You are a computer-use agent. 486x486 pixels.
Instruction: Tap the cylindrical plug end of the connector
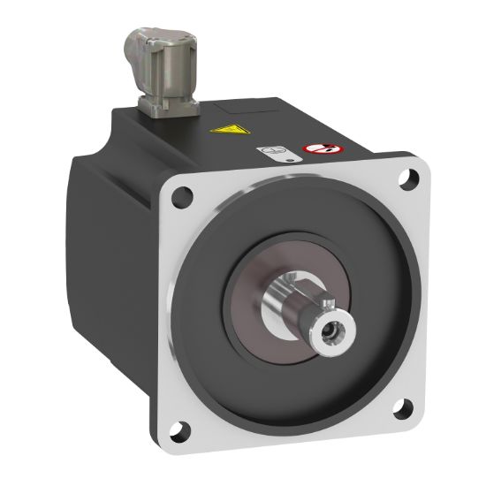(x=140, y=40)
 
